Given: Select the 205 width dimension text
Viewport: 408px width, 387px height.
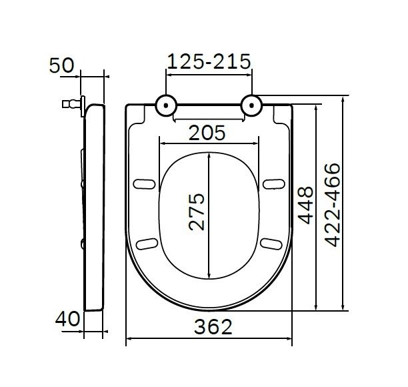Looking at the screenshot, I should (207, 132).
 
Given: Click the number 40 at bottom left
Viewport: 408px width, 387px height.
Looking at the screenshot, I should (65, 319).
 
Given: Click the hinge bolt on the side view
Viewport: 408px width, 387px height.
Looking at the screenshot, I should (68, 103).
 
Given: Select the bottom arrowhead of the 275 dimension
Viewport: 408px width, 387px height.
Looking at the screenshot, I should (209, 276).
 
